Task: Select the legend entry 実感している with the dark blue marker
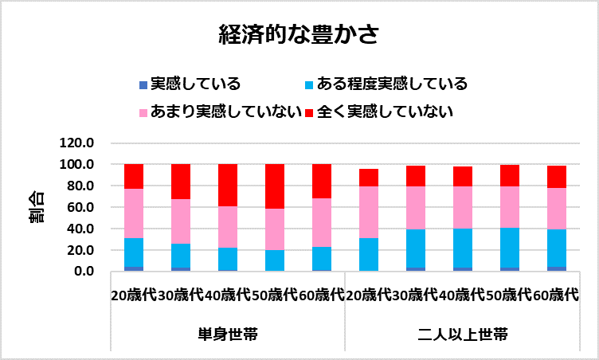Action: coord(196,84)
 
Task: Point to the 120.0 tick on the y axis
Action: coord(77,143)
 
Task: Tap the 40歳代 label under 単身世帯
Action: coord(227,294)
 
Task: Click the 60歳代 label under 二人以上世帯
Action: coord(555,294)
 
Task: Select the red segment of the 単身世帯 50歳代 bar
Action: coord(275,186)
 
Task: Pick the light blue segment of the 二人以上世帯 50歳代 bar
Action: coord(508,248)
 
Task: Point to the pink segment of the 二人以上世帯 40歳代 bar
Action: coord(462,207)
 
